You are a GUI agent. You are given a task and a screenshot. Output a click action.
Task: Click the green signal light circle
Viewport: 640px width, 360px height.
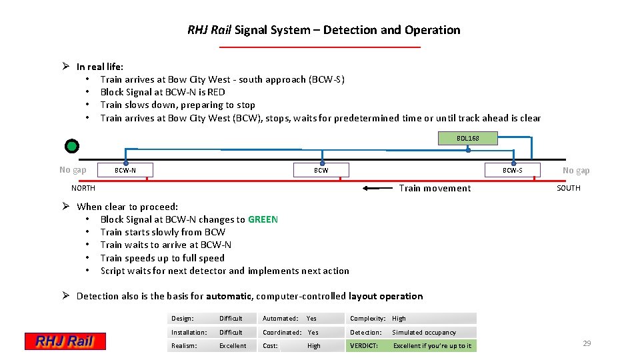tap(72, 146)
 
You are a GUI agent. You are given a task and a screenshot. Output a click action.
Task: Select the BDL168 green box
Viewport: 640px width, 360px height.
tap(467, 138)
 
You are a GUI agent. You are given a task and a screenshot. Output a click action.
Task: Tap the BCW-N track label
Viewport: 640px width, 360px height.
tap(125, 171)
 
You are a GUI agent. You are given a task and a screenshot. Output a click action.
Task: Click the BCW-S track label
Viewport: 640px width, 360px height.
tap(512, 171)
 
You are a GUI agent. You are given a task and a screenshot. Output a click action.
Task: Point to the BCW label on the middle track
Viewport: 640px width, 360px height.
tap(321, 171)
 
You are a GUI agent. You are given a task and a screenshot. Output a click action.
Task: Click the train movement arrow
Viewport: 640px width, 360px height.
tap(377, 188)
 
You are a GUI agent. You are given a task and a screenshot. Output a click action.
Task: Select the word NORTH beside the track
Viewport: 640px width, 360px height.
tap(83, 188)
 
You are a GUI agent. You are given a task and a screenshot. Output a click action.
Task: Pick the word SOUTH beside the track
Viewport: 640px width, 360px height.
tap(568, 188)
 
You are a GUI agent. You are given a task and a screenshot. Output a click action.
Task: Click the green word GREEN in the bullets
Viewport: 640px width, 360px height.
tap(263, 219)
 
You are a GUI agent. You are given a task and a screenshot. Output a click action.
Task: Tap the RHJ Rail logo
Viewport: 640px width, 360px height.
tap(65, 341)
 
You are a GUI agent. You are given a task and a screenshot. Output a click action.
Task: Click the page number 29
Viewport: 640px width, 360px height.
tap(587, 343)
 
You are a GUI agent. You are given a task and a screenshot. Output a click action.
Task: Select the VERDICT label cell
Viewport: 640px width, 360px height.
tap(364, 345)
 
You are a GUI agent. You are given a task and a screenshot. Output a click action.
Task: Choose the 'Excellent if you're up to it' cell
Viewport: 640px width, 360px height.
tap(432, 345)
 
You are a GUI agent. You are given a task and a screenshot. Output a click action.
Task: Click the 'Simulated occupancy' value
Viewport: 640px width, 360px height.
tap(424, 332)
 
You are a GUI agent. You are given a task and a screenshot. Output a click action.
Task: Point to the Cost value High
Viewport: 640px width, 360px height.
tap(314, 345)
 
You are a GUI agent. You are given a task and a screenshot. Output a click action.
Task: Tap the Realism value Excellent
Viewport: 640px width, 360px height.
tap(233, 345)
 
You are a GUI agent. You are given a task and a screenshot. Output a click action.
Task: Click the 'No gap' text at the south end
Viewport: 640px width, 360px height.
tap(576, 170)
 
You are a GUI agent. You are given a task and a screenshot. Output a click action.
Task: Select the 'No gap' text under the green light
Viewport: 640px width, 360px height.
tap(73, 169)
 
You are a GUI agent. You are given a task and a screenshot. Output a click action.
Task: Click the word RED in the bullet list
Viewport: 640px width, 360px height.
tap(216, 92)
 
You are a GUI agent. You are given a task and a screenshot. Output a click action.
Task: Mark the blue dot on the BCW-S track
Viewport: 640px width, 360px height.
tap(513, 163)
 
